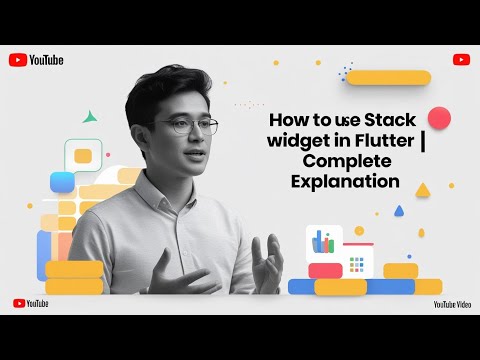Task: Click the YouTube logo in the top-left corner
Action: pos(36,60)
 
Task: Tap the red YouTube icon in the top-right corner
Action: pos(459,59)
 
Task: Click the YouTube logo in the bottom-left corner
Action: pos(31,302)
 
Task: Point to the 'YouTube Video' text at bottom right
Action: pos(452,302)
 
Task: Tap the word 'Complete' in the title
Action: pos(339,162)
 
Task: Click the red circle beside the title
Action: pos(438,119)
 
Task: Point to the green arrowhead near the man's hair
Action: pos(90,116)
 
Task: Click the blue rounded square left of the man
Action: pos(62,182)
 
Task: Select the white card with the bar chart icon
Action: pos(323,242)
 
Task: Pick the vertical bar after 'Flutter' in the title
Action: pos(423,141)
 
